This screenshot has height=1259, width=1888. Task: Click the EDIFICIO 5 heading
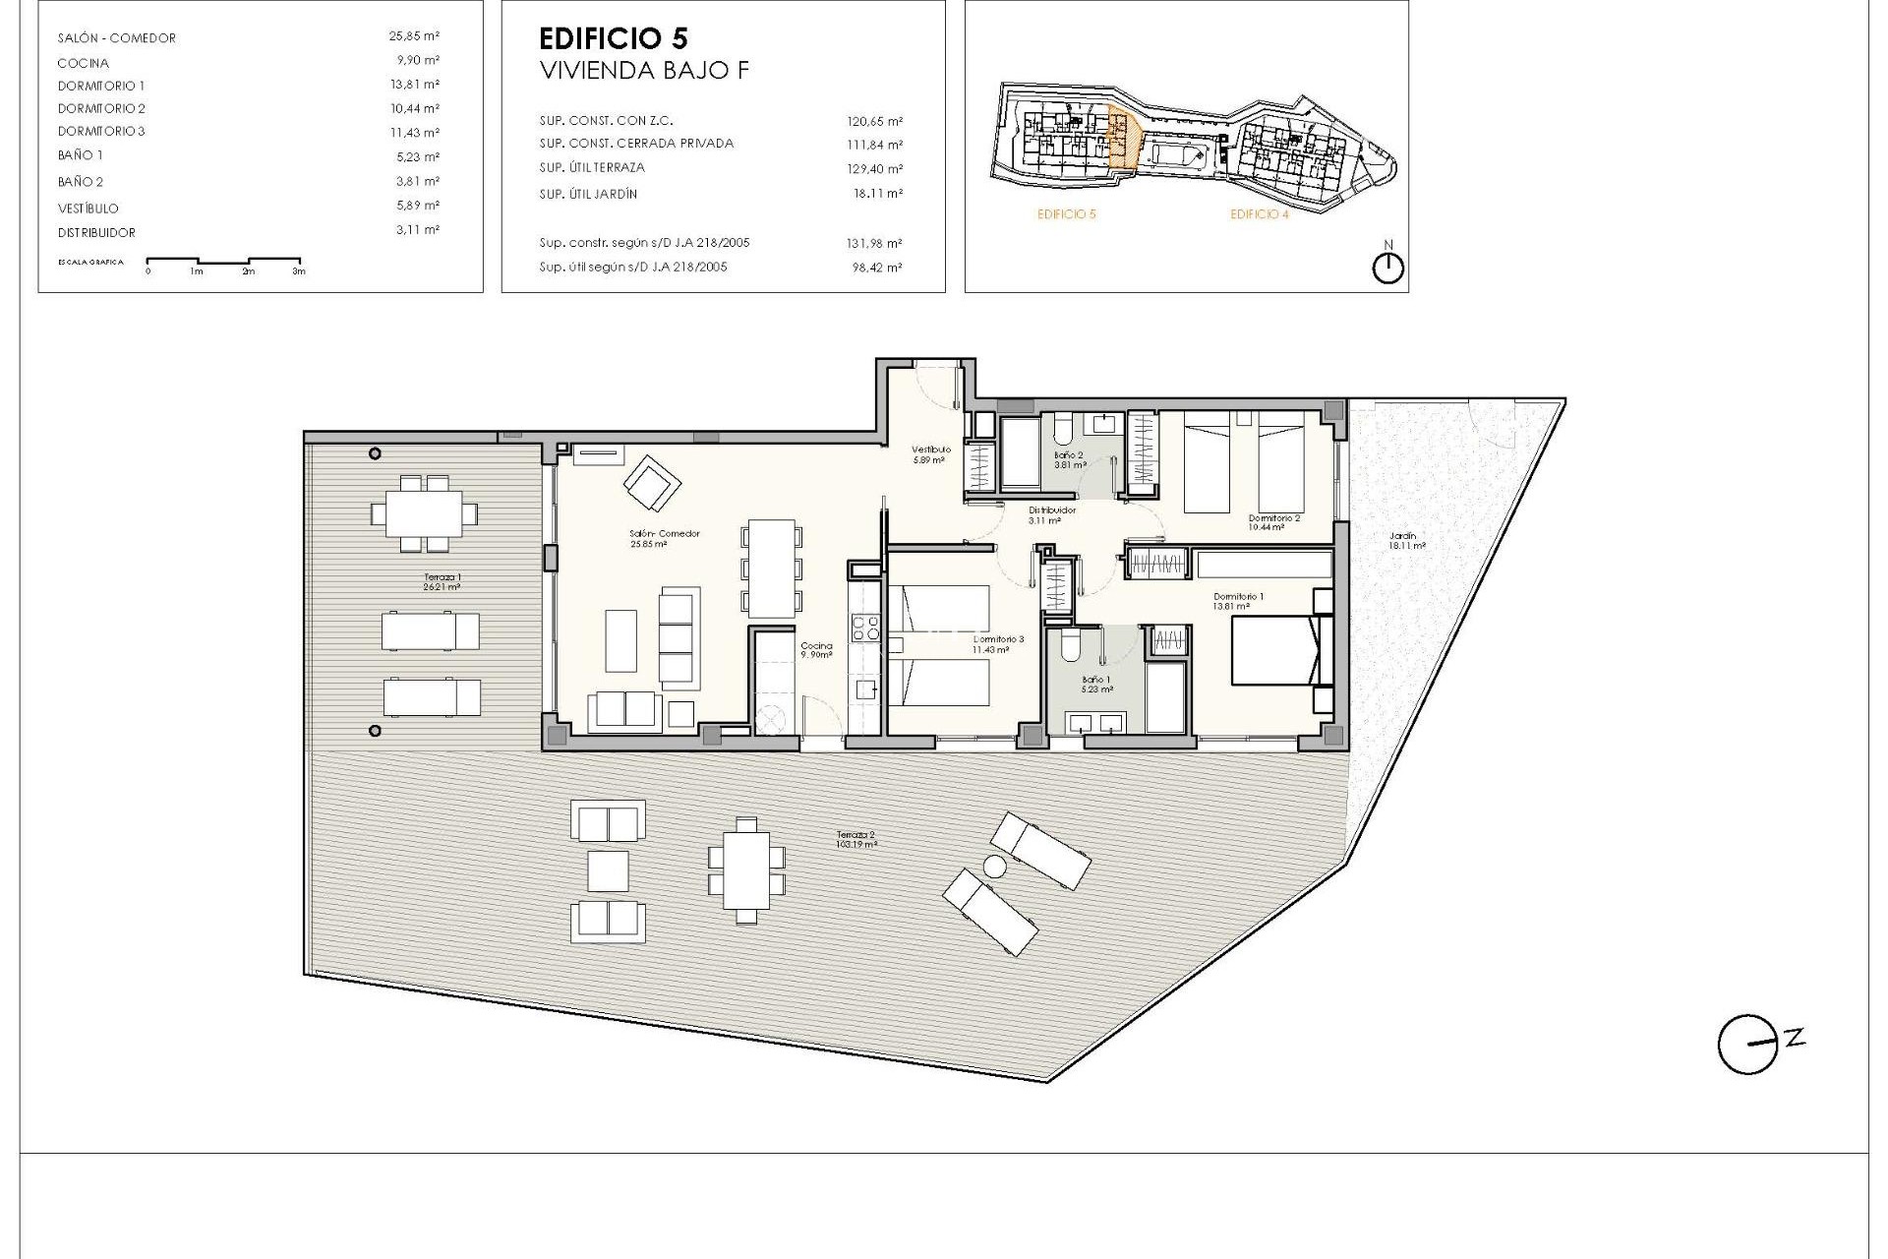614,38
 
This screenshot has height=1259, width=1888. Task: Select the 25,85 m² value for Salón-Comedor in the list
413,35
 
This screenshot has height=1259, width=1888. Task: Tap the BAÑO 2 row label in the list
81,181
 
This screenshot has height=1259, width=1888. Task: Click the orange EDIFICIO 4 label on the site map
1259,214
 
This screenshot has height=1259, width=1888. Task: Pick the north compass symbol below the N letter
1387,269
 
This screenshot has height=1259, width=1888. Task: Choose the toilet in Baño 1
1069,648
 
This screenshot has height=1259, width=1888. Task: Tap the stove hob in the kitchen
865,627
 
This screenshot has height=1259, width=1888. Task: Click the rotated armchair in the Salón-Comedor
651,482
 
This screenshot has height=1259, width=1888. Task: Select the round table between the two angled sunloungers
995,867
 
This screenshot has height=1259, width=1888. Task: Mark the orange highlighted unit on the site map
1122,137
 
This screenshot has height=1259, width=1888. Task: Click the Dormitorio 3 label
998,643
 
